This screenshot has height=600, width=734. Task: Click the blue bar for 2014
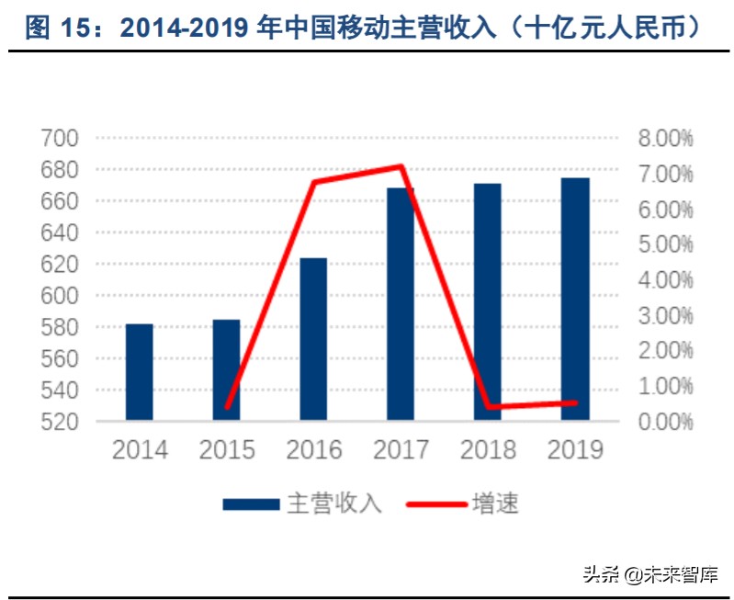click(140, 372)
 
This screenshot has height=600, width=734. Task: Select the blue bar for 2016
click(313, 339)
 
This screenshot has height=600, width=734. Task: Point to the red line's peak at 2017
click(401, 166)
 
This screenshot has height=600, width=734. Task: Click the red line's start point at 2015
click(227, 407)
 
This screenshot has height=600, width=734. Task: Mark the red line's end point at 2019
click(575, 402)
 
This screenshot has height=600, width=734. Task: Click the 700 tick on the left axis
click(61, 139)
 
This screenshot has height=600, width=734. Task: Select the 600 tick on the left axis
click(61, 296)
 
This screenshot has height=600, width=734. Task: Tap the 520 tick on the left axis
click(61, 422)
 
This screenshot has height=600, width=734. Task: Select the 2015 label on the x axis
click(227, 450)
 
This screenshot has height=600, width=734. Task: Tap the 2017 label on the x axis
click(401, 450)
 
